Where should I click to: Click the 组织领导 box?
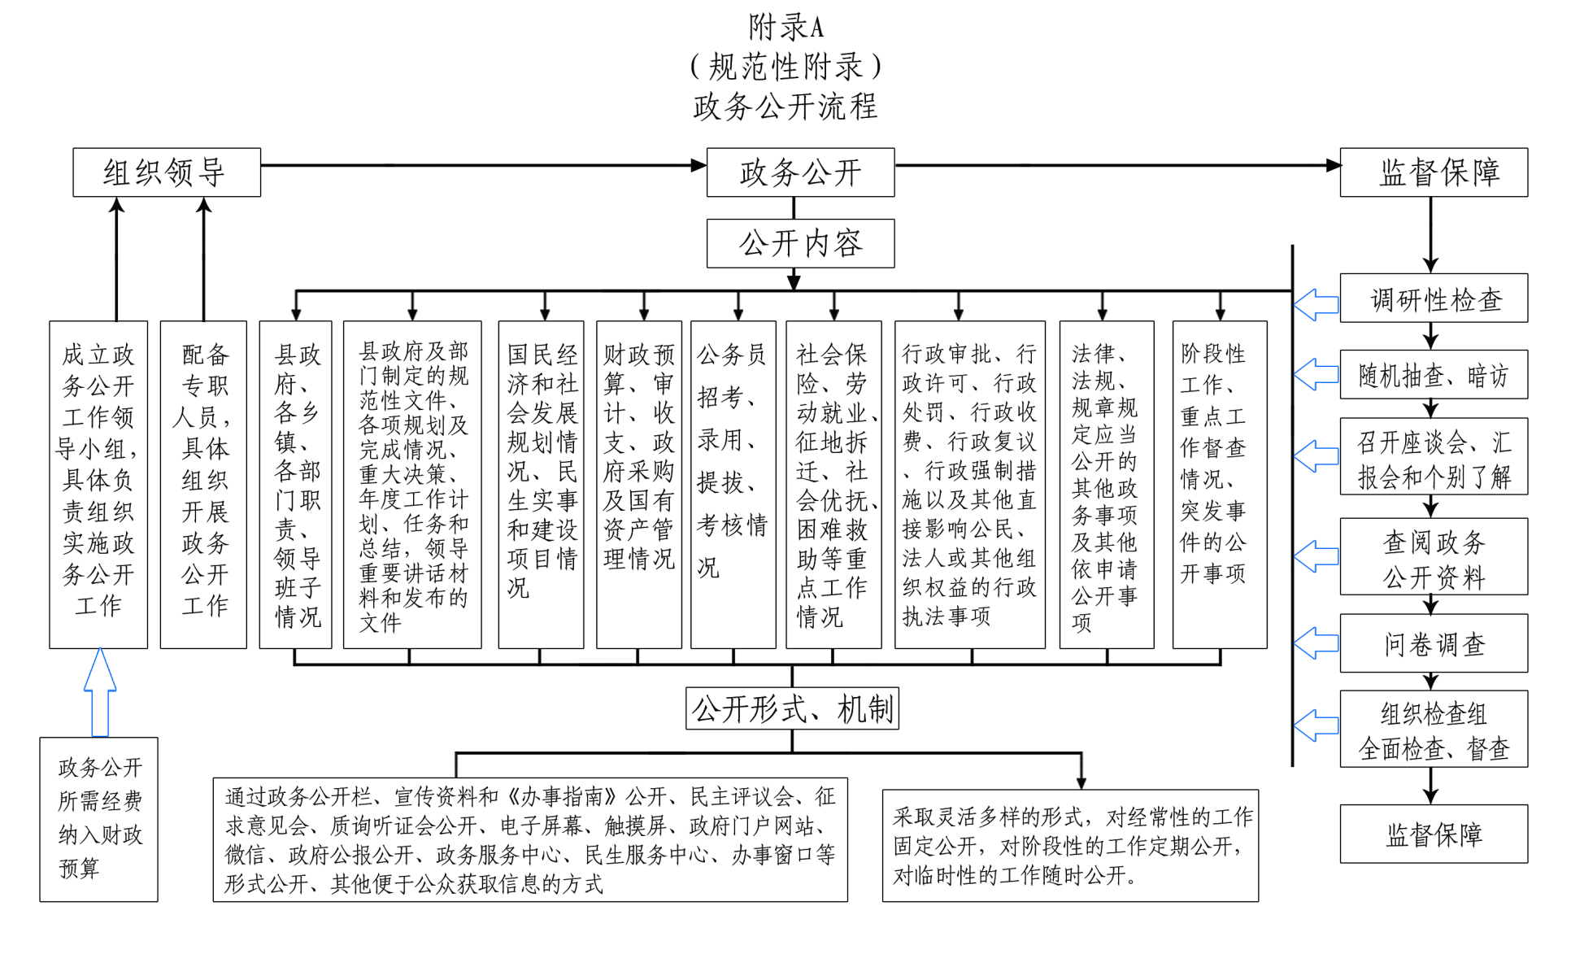pyautogui.click(x=167, y=172)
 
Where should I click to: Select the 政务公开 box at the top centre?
pyautogui.click(x=800, y=172)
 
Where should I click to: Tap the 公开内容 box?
pyautogui.click(x=800, y=243)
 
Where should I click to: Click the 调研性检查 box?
pyautogui.click(x=1434, y=298)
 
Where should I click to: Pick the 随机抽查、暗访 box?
pyautogui.click(x=1434, y=374)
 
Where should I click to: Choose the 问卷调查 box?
pyautogui.click(x=1434, y=643)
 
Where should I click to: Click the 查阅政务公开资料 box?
pyautogui.click(x=1434, y=557)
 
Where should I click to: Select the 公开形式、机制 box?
pyautogui.click(x=792, y=708)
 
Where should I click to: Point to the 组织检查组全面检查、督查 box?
pyautogui.click(x=1434, y=730)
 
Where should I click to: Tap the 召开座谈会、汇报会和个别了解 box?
pyautogui.click(x=1434, y=457)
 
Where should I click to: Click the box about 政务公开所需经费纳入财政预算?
pyautogui.click(x=99, y=819)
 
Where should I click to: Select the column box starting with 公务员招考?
pyautogui.click(x=733, y=485)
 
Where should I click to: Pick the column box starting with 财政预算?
pyautogui.click(x=639, y=485)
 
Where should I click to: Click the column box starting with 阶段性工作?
pyautogui.click(x=1219, y=485)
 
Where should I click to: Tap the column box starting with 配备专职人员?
pyautogui.click(x=203, y=485)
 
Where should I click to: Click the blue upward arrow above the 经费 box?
pyautogui.click(x=100, y=692)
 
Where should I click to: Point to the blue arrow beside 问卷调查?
pyautogui.click(x=1316, y=643)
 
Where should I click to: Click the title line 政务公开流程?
pyautogui.click(x=785, y=107)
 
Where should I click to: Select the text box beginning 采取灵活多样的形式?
pyautogui.click(x=1070, y=846)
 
